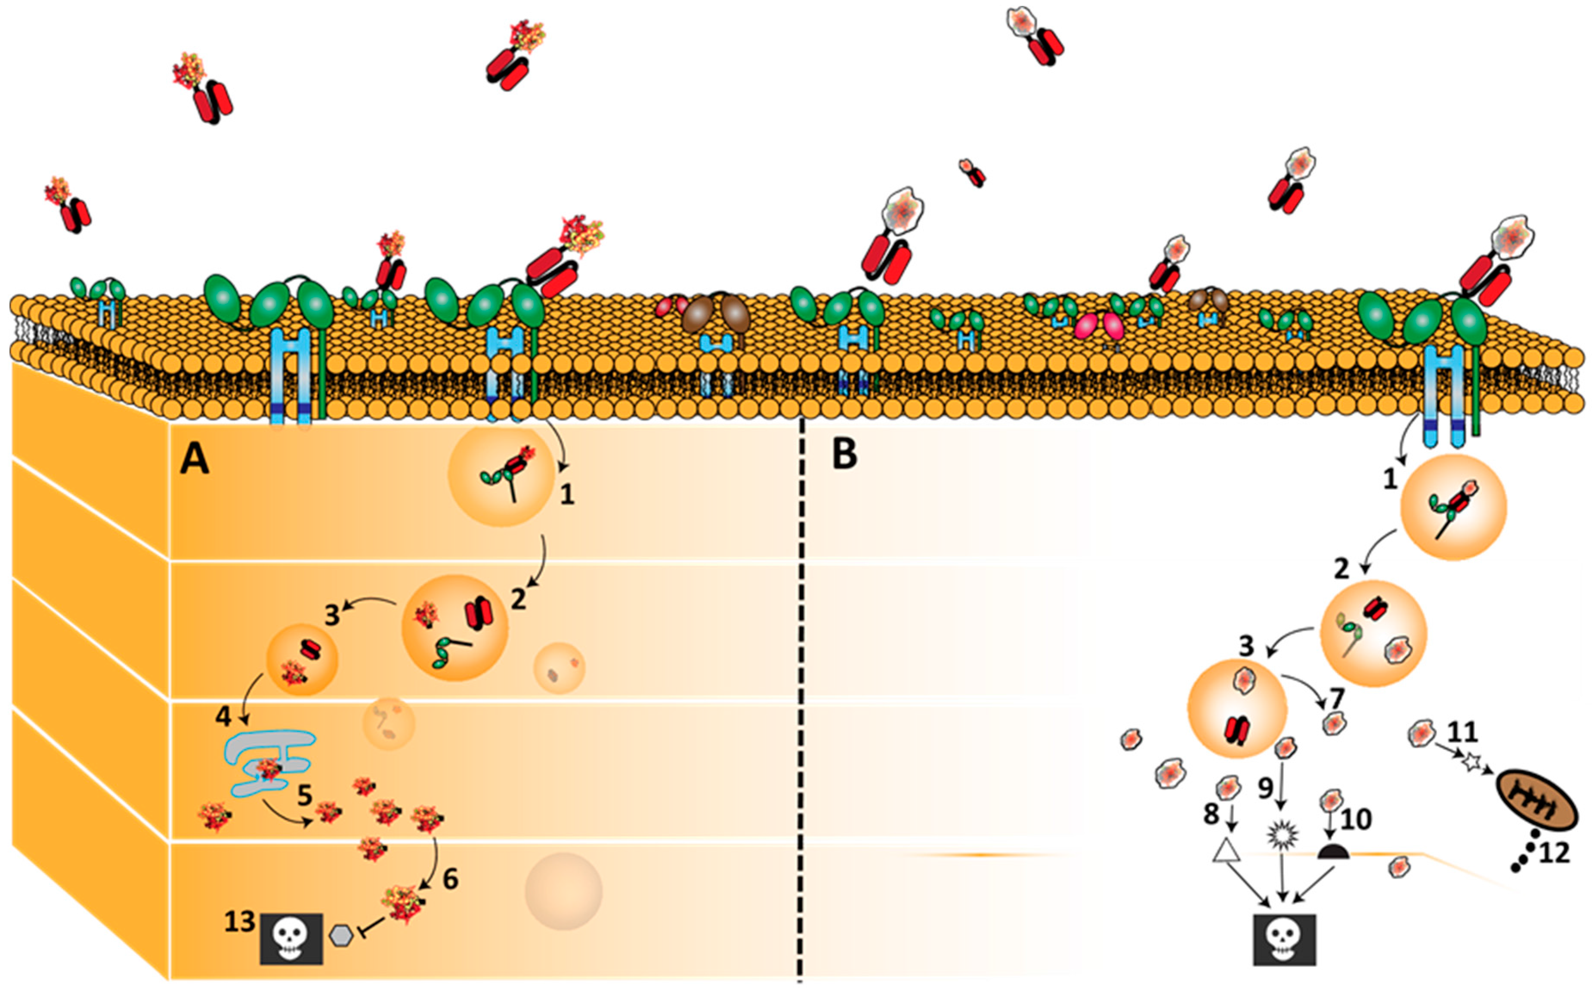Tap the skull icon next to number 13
pos(291,938)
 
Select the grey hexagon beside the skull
pos(341,935)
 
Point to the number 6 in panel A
pos(450,880)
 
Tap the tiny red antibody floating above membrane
pos(973,172)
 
